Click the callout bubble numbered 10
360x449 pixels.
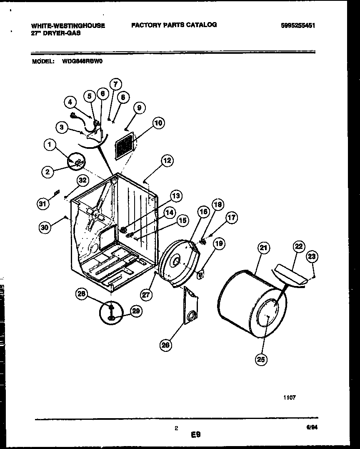click(x=158, y=123)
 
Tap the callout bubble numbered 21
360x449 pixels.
click(x=263, y=248)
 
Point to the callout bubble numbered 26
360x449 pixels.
click(x=165, y=345)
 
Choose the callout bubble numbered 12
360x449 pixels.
click(x=167, y=160)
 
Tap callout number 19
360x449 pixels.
click(x=219, y=243)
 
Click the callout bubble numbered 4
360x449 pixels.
click(x=70, y=101)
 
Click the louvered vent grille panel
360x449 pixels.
click(x=125, y=146)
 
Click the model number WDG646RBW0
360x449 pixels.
click(x=82, y=61)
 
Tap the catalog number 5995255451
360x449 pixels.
click(x=297, y=25)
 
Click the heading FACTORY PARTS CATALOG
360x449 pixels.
click(x=174, y=25)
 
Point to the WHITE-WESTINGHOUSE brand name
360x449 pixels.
click(x=68, y=25)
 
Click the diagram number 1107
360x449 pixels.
click(x=290, y=398)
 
